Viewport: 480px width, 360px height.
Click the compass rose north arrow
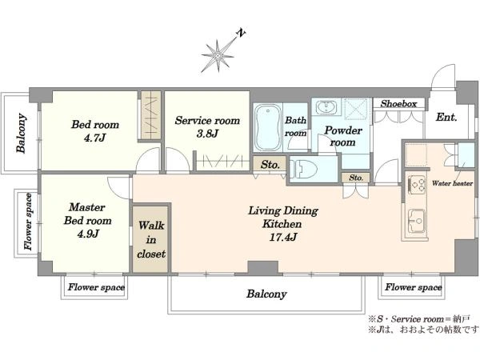pos(218,55)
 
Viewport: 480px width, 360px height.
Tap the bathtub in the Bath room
pos(268,127)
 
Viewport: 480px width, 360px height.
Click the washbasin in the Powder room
pos(327,107)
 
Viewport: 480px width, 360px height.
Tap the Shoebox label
pos(398,104)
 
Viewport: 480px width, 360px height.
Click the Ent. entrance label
pos(446,117)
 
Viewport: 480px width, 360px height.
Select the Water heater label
pos(452,183)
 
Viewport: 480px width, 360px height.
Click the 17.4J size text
pos(283,238)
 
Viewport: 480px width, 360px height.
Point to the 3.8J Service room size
pos(207,134)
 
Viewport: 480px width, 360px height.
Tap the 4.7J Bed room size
pos(94,138)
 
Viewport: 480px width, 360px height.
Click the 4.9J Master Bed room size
pos(88,234)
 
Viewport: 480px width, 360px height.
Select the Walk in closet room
pos(150,239)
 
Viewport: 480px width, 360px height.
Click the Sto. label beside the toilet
pos(270,165)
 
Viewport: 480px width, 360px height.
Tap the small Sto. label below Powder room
pos(356,178)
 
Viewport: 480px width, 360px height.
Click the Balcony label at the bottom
pos(266,294)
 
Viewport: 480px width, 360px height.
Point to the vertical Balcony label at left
pos(21,133)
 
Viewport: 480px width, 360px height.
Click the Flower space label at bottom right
pos(414,287)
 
